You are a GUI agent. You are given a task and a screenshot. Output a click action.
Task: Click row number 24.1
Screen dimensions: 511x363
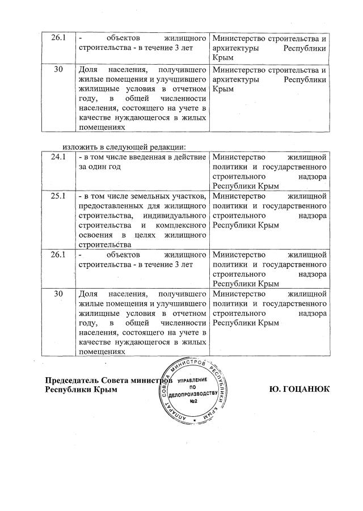point(58,157)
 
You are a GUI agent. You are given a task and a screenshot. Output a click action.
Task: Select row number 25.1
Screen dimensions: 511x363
point(58,196)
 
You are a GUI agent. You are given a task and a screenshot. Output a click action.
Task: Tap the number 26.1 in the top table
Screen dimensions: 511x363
point(58,39)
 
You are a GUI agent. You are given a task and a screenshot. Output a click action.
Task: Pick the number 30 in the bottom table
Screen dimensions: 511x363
point(58,294)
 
